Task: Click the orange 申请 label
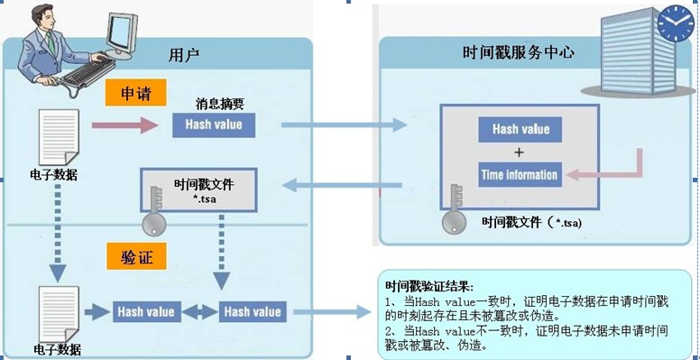click(x=135, y=92)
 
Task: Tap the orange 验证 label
click(x=136, y=256)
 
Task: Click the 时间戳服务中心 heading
click(x=519, y=52)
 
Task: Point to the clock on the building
click(x=676, y=23)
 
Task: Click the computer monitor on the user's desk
click(x=120, y=37)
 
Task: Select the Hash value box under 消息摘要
click(x=214, y=125)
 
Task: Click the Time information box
click(x=520, y=175)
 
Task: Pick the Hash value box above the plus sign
click(x=520, y=130)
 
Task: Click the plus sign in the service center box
click(x=519, y=152)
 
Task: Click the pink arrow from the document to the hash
click(x=125, y=125)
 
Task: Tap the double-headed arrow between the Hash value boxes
click(x=200, y=312)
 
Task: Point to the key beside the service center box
click(x=455, y=209)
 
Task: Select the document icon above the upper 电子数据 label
click(x=59, y=137)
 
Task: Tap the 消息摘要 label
click(x=220, y=104)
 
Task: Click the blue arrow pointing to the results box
click(x=332, y=312)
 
